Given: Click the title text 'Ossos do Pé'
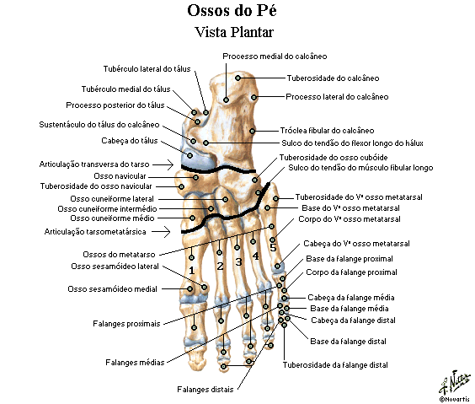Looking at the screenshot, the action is [x=232, y=11].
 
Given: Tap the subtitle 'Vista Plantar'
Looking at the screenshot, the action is [x=234, y=32].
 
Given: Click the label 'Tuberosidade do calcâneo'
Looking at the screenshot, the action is [x=333, y=78].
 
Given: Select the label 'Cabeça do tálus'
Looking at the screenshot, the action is [x=130, y=141].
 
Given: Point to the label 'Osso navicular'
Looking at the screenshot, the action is [x=120, y=176].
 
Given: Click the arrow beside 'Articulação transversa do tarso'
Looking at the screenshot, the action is [x=163, y=164].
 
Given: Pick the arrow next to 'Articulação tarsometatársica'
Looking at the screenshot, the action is [x=161, y=232].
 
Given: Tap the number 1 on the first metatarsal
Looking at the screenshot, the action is [x=191, y=271].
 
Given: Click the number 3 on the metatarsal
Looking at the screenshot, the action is [x=238, y=261].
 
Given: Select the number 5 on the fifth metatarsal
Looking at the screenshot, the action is [x=273, y=248].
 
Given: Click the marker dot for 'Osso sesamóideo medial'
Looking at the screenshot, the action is [x=190, y=288].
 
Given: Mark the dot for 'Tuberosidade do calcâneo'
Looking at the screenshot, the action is [x=237, y=78].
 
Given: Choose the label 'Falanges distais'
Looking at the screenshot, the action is [x=205, y=390].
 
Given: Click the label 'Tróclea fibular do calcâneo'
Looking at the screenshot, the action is [x=327, y=131].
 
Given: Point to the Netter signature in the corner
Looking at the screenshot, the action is [x=455, y=382].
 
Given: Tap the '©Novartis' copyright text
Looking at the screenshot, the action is [x=456, y=399].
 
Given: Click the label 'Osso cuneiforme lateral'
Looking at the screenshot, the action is [x=112, y=199].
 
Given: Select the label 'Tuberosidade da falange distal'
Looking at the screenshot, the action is [x=335, y=365].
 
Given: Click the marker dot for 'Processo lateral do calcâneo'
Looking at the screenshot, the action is [x=254, y=97].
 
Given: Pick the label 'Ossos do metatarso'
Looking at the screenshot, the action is [x=119, y=255].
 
